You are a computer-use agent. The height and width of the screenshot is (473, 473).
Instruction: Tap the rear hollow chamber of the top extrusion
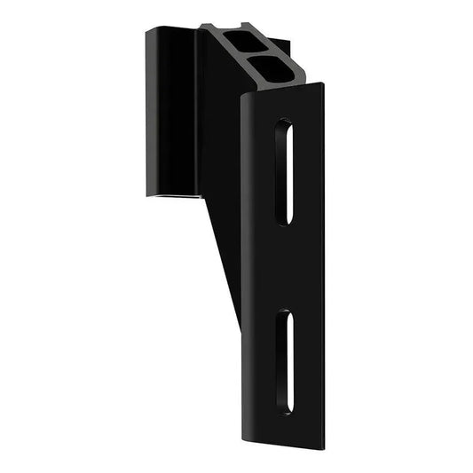coord(242,41)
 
